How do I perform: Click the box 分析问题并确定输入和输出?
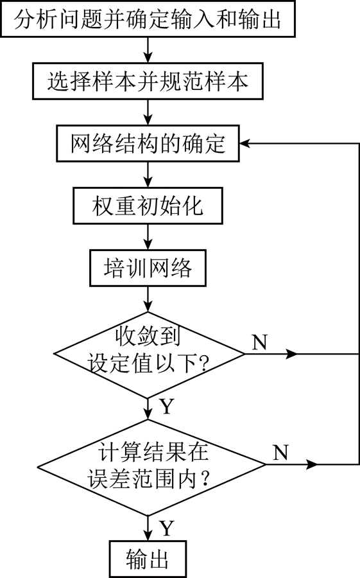pos(148,19)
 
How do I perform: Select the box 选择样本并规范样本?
pos(148,81)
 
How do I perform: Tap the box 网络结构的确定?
pos(148,143)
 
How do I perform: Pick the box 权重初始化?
pos(148,206)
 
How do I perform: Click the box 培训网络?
pos(148,268)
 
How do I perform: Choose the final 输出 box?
pos(148,559)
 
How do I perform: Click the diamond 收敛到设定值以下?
pos(149,355)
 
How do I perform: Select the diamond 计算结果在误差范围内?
pos(151,464)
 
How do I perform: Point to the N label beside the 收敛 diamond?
pos(259,342)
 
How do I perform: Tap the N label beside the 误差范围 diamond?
pos(280,452)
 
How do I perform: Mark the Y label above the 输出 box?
pos(167,528)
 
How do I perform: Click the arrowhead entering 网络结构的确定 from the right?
pos(244,143)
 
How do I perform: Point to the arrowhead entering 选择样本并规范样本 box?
pos(148,58)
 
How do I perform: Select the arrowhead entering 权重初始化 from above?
pos(148,182)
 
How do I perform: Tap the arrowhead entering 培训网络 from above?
pos(148,245)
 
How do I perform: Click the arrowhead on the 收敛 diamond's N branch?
pos(291,354)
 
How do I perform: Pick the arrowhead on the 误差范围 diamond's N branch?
pos(312,464)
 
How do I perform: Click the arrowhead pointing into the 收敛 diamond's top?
pos(148,307)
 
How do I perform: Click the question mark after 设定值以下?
pos(204,363)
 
